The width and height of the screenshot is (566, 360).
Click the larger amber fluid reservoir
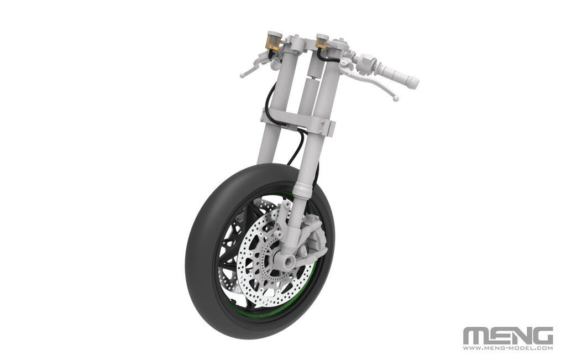tap(274, 41)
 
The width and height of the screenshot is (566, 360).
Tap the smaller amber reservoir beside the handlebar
tap(321, 41)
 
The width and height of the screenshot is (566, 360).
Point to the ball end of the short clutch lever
tap(243, 75)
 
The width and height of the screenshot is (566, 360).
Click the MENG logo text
tap(507, 336)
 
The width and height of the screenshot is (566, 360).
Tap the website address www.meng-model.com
tap(507, 348)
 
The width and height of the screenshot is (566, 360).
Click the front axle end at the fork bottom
tap(289, 260)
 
